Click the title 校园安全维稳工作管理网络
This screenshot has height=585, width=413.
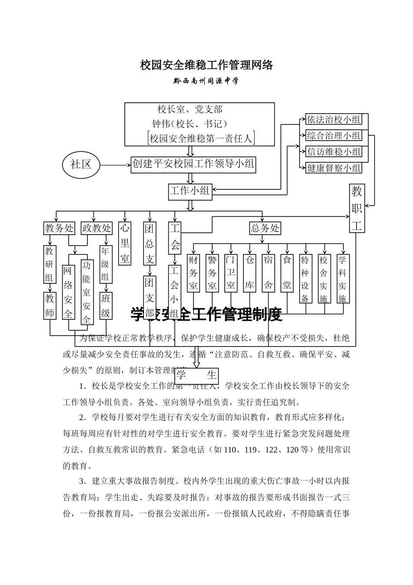coord(206,65)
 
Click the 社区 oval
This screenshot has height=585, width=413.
coord(81,165)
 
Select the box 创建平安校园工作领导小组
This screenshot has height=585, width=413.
coord(193,165)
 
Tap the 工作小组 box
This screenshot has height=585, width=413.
coord(190,191)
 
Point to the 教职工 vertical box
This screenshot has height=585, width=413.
coord(356,208)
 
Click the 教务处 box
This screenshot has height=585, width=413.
coord(59,228)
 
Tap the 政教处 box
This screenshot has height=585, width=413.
coord(97,228)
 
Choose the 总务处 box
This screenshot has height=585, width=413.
coord(265,228)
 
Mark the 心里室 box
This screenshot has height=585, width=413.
coord(125,243)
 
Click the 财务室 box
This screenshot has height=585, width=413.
coord(193,273)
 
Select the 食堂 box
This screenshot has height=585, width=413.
coord(287,273)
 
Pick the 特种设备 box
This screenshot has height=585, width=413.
coord(305,279)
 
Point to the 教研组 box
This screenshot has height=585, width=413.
coord(50,265)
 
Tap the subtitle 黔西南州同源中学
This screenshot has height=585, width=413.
coord(206,81)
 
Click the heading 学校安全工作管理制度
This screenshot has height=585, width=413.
coord(206,314)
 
